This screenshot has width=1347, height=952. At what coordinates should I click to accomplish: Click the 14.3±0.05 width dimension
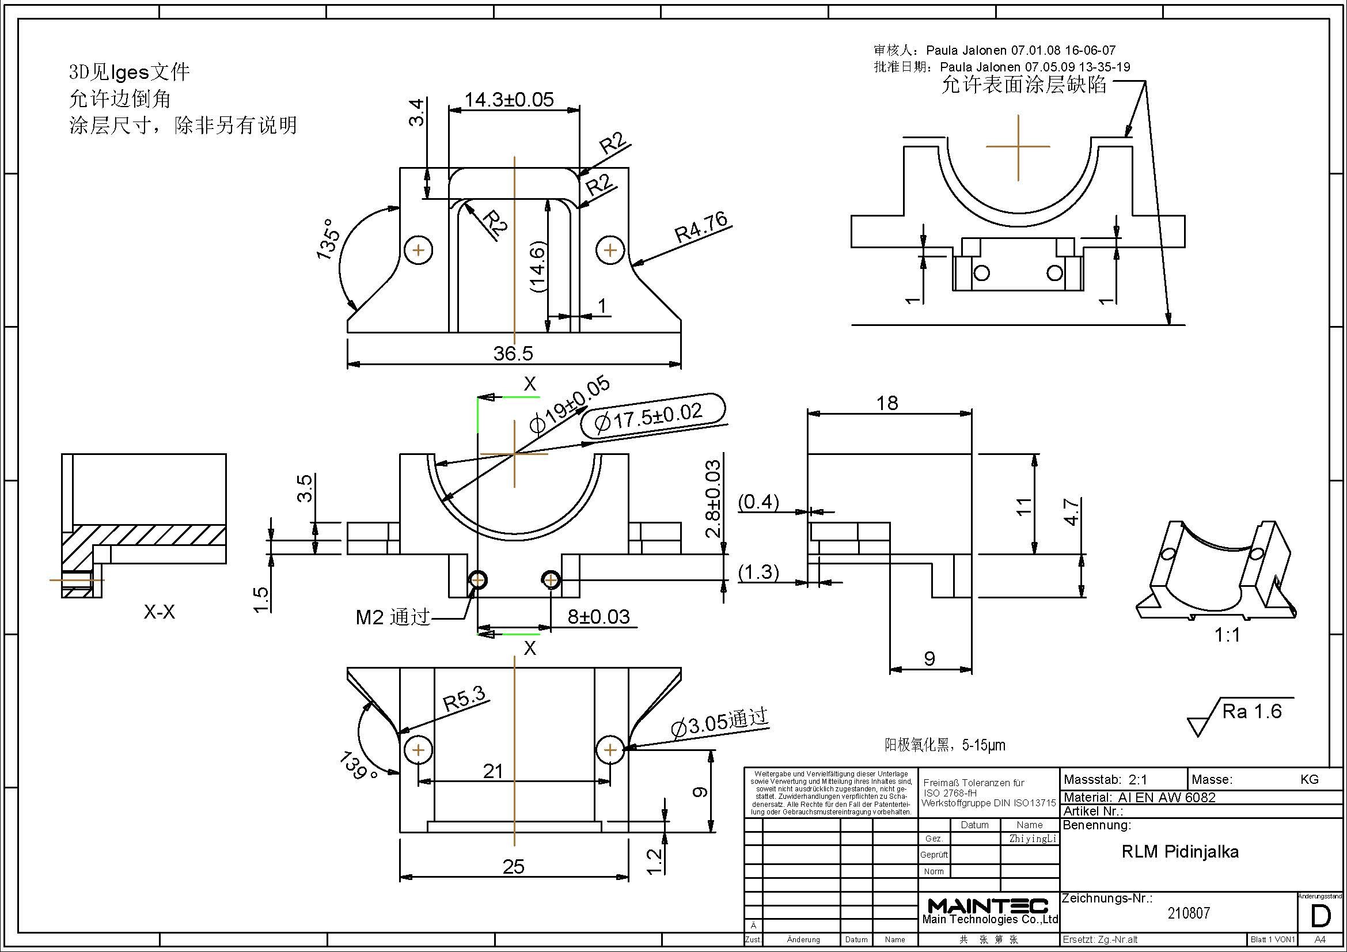509,100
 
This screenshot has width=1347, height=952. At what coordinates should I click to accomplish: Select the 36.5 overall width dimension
513,354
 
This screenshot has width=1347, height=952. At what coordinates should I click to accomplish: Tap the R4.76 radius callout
701,227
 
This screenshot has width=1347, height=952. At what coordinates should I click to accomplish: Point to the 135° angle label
327,240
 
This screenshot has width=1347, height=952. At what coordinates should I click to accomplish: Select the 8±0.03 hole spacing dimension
598,616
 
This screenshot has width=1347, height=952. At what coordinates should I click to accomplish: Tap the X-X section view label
160,612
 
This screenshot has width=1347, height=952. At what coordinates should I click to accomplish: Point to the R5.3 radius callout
464,699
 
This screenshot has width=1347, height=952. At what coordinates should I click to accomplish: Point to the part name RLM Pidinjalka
1180,852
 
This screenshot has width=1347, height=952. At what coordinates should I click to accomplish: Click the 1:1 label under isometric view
1227,635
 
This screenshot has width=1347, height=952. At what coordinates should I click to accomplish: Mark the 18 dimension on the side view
887,403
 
